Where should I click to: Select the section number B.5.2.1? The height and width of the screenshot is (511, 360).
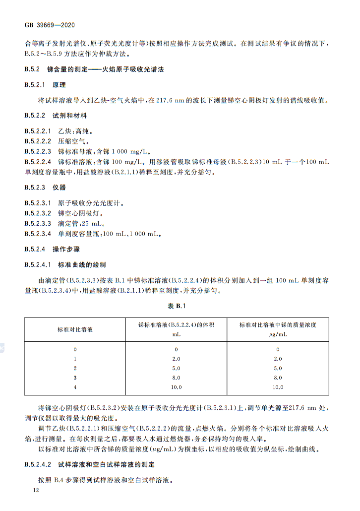34,85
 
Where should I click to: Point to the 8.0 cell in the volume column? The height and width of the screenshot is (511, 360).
176,378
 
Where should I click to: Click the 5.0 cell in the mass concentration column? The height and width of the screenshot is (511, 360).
278,368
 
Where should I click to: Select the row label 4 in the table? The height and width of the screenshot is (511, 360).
75,387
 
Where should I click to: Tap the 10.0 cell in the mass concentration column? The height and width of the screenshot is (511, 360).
278,387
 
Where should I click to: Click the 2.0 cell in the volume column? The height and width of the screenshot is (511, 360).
176,359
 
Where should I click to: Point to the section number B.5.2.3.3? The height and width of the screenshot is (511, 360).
38,224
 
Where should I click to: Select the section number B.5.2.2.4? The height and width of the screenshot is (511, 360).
38,162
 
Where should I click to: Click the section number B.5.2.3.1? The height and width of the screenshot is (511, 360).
38,203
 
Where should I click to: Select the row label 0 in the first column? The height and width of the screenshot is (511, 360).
75,349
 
